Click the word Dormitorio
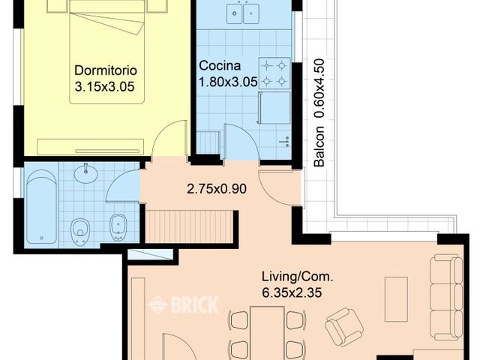(105, 70)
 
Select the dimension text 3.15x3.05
(105, 87)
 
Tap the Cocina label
(219, 64)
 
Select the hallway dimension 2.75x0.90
(217, 189)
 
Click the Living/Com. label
(297, 276)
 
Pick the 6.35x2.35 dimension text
(297, 293)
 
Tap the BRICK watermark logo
(184, 304)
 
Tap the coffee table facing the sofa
(396, 299)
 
